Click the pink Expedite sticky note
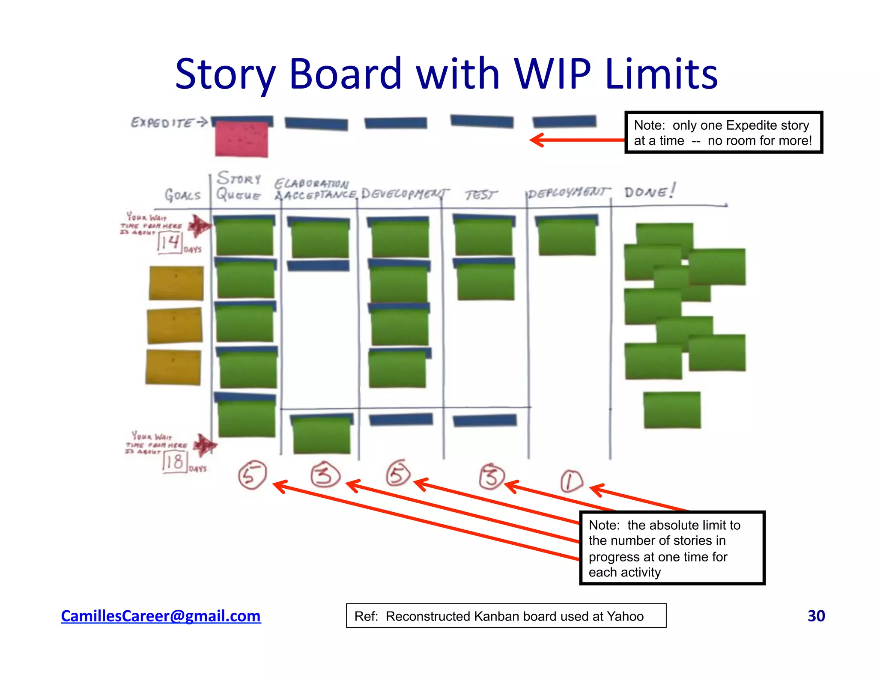pos(242,140)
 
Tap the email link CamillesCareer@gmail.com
pos(161,616)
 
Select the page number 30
pos(816,616)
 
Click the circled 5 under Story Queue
pos(252,475)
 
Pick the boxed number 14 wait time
pos(170,243)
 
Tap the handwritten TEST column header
pos(481,195)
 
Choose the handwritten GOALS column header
pos(183,195)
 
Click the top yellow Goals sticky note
pos(176,283)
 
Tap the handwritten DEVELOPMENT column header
pos(404,194)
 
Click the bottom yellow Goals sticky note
pos(173,367)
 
